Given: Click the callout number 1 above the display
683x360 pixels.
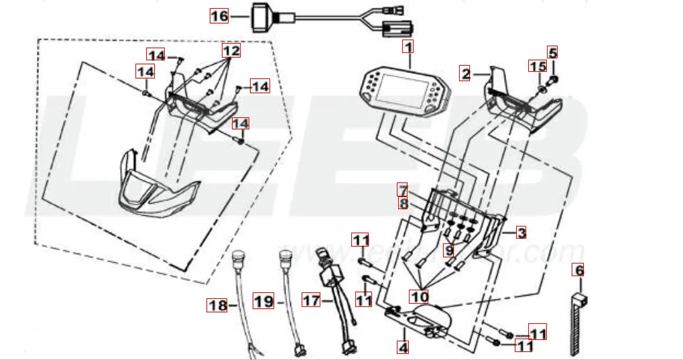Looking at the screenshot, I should point(408,47).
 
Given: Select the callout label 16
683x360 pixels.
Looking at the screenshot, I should point(219,15).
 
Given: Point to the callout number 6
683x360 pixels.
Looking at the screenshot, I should point(578,270).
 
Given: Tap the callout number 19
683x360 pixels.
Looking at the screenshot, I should point(265,302).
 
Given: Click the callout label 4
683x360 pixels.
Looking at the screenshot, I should point(402,347).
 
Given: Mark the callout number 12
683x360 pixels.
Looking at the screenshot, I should point(231,50).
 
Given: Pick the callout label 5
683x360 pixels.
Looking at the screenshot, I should point(552,52).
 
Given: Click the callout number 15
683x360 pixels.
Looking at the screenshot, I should point(538,66).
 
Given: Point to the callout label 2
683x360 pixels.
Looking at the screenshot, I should point(466,72).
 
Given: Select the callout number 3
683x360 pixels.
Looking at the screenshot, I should point(521,233).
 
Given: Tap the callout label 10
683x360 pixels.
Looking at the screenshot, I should point(421,295).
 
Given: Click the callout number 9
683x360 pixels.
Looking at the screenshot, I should point(448,250).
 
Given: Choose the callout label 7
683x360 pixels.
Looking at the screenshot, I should point(402,189).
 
